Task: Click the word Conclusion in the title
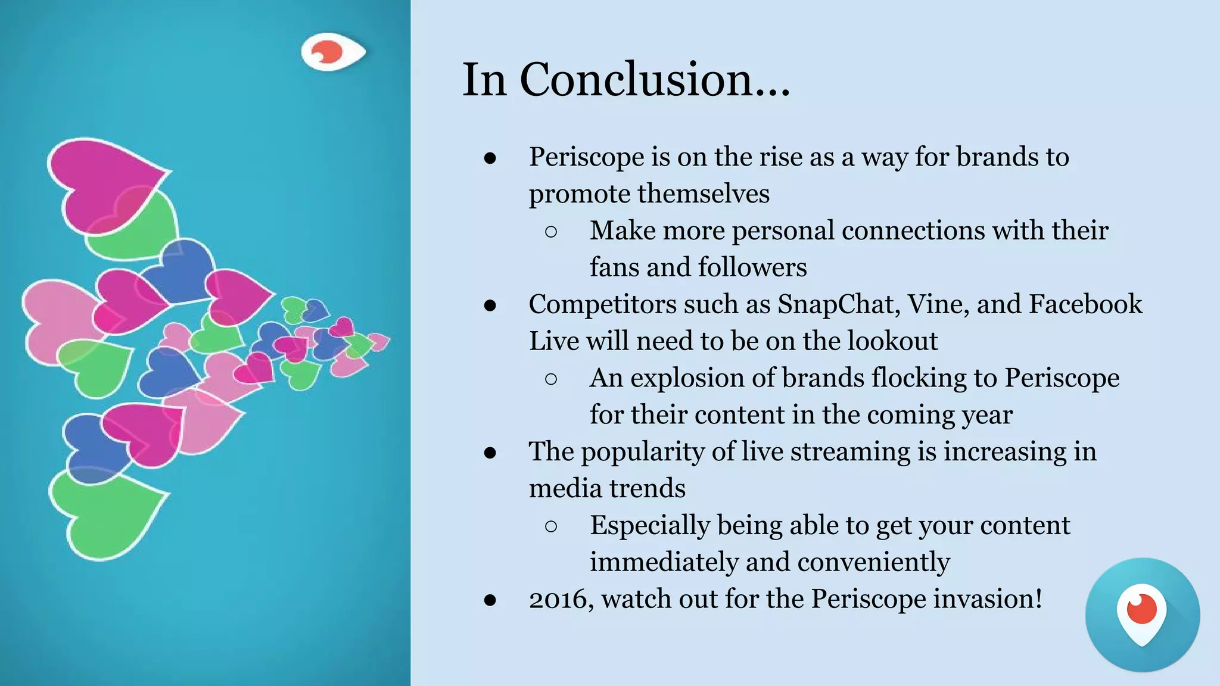[655, 80]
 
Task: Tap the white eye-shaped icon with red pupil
[332, 52]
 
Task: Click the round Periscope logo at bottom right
[1142, 615]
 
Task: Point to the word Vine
[938, 304]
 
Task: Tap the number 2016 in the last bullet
[561, 599]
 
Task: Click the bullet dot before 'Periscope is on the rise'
[490, 158]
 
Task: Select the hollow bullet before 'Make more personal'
[551, 232]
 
